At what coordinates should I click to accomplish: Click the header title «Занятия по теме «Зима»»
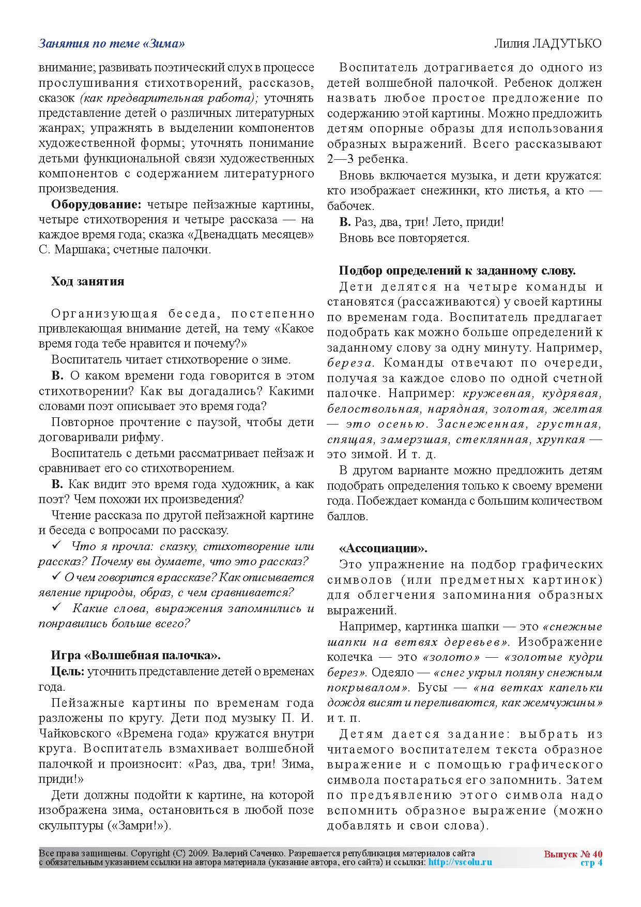tap(112, 44)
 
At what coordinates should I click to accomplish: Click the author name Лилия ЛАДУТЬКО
tap(548, 44)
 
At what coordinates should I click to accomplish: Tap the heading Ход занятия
tap(87, 281)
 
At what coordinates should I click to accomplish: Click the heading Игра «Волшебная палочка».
tap(135, 656)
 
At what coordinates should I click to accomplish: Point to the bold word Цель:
tap(68, 671)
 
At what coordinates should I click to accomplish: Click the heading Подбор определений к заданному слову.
tap(457, 270)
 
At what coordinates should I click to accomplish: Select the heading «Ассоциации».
tap(383, 548)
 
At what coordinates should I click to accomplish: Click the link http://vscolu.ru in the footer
tap(460, 862)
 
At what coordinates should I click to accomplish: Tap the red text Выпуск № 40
tap(573, 854)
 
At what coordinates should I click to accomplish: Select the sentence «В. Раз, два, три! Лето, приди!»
tap(421, 222)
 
